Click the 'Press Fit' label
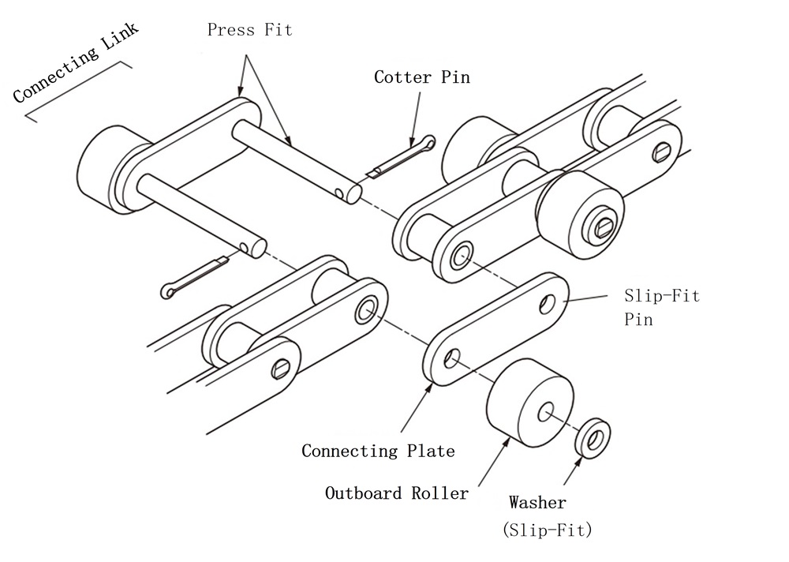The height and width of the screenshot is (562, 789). (249, 30)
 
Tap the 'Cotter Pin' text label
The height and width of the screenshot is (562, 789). (421, 77)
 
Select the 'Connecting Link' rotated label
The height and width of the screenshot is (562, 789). (76, 63)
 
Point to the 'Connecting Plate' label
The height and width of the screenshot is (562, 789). (378, 451)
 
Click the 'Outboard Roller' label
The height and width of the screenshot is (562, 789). (397, 493)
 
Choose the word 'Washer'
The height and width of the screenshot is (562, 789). (537, 502)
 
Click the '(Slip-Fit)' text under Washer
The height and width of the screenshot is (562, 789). (547, 530)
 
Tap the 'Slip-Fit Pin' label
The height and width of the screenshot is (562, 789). (661, 309)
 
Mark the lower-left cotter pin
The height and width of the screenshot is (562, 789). (193, 275)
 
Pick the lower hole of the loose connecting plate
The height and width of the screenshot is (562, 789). (451, 359)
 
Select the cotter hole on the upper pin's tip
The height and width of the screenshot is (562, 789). (338, 192)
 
